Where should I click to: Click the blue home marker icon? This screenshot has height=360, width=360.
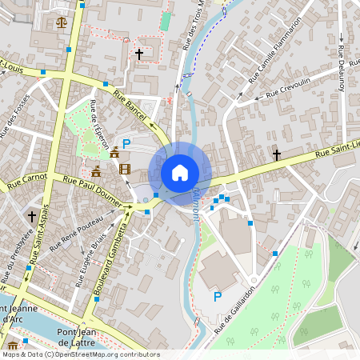pyautogui.click(x=180, y=172)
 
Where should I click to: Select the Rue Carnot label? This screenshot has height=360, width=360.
pyautogui.click(x=27, y=181)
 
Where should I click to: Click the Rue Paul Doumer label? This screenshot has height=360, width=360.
pyautogui.click(x=93, y=192)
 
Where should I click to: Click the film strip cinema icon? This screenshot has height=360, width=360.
pyautogui.click(x=125, y=168)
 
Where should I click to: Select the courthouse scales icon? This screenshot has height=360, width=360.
pyautogui.click(x=62, y=22)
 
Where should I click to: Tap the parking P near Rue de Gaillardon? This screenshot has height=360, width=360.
pyautogui.click(x=217, y=297)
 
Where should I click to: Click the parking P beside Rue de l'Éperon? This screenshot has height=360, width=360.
pyautogui.click(x=126, y=144)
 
